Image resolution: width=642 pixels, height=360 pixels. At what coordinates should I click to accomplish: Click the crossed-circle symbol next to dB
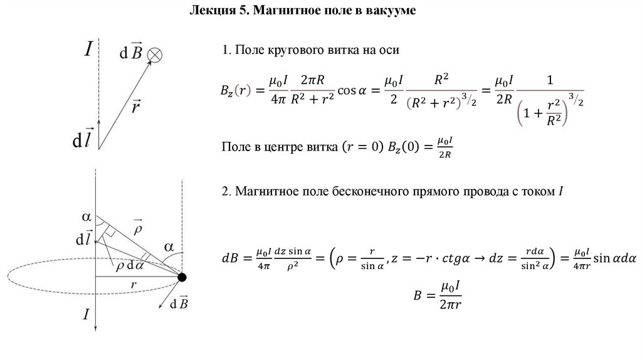(x=154, y=56)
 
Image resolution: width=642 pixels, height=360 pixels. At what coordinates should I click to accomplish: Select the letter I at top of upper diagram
(x=89, y=48)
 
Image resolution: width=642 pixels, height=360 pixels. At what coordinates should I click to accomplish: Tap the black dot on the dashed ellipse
(x=182, y=277)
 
